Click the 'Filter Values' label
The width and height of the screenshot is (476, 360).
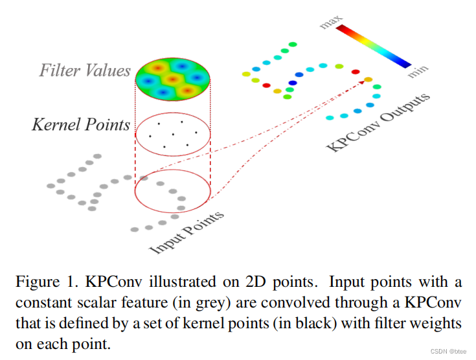point(85,70)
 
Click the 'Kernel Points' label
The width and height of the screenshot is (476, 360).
point(81,124)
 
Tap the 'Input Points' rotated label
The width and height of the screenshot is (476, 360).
point(187,231)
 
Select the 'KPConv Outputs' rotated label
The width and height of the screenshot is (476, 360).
point(379,122)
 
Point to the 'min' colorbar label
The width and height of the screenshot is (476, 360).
point(417,71)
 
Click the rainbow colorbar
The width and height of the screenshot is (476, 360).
point(373,46)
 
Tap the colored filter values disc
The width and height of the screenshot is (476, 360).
point(172,80)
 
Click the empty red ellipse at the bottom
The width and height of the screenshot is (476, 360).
point(172,192)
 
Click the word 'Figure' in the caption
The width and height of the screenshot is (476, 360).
point(36,283)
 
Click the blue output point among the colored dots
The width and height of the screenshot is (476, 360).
point(292,83)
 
